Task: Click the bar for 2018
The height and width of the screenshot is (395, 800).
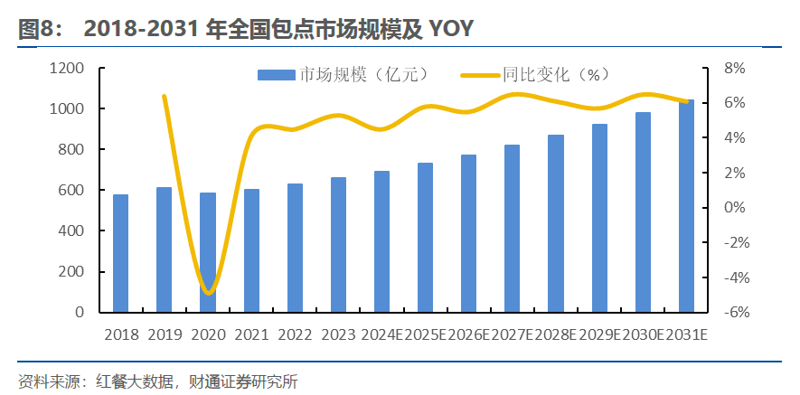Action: tap(120, 253)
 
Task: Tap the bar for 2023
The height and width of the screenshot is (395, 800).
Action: tap(338, 244)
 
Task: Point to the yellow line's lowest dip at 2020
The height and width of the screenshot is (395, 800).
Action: tap(209, 292)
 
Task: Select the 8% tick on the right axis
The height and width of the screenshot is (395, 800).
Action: tap(735, 68)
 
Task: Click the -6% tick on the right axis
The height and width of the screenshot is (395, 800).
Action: tap(733, 312)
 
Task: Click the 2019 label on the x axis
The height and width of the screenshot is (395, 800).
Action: tap(165, 334)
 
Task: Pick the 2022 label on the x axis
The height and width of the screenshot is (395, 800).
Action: tap(295, 334)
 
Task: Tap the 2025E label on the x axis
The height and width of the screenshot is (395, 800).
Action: tap(425, 334)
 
